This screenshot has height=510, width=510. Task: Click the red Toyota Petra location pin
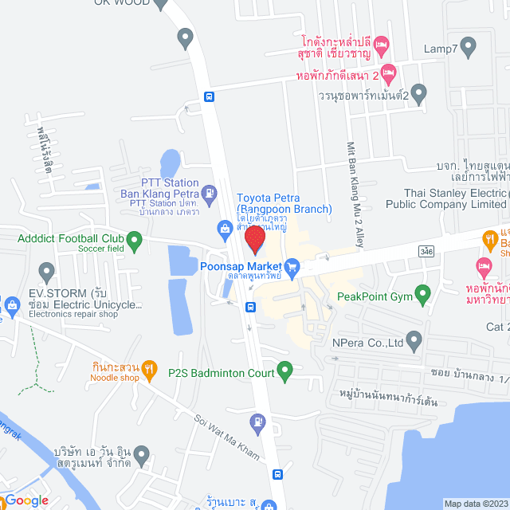pos(254,240)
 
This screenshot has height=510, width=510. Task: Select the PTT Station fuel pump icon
pos(209,192)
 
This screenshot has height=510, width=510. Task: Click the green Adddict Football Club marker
pos(134,238)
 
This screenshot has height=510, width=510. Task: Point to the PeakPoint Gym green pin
pos(424,296)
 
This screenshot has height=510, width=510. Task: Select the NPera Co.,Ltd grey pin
pos(414,343)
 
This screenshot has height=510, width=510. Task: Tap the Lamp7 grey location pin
pos(469,49)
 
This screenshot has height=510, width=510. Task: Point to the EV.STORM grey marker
pos(45,271)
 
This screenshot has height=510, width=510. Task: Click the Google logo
pos(25,500)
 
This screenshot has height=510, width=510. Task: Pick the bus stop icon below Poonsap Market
pos(250,307)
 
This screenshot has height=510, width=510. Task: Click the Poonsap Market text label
pos(241,265)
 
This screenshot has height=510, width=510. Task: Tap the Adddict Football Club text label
pos(70,238)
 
